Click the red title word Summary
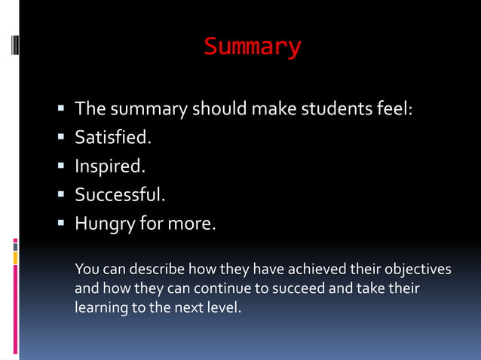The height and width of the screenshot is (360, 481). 252,47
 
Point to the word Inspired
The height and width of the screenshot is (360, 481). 109,166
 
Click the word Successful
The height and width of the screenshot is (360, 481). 119,195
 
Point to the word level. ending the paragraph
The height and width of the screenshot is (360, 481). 222,307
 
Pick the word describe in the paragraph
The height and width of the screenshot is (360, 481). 158,270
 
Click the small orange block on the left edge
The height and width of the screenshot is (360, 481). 15,258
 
